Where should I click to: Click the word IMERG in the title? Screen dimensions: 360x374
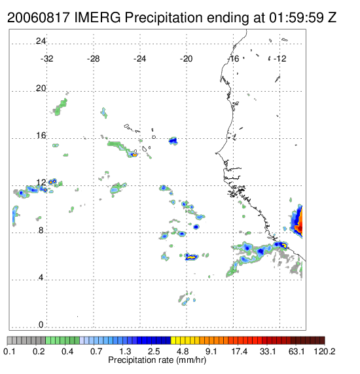98,18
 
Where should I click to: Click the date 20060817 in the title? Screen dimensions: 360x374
39,18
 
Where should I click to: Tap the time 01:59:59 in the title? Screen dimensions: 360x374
297,18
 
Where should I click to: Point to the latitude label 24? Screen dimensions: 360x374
41,41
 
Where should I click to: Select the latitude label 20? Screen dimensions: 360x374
41,88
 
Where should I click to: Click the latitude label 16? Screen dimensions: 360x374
41,136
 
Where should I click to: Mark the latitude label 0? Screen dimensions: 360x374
41,325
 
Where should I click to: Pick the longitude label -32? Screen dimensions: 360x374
46,59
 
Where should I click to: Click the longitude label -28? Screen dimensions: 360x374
93,59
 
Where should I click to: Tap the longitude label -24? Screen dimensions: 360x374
139,59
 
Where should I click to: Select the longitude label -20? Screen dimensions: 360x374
186,59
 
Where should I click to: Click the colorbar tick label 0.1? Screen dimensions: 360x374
9,351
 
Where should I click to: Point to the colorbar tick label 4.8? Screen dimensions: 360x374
183,351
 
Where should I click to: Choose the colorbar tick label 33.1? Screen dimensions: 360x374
268,351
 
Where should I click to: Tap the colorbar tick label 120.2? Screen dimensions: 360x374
325,351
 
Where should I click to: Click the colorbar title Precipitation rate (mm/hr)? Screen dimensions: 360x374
157,360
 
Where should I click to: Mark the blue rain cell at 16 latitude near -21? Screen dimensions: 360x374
173,141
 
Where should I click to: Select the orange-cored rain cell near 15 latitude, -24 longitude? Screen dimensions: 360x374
134,155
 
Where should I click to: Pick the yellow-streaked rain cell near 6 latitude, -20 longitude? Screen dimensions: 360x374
191,257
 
